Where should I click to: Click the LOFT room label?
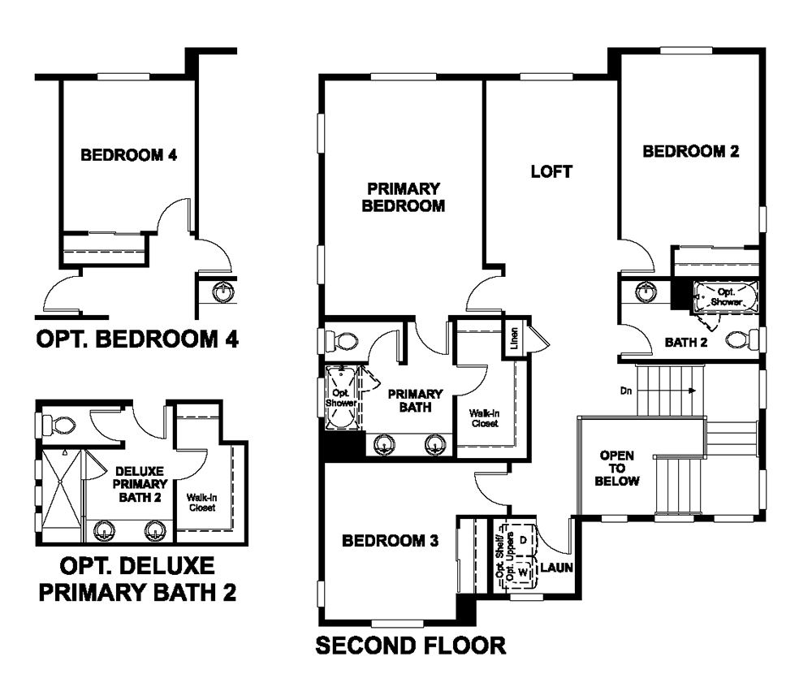click(551, 171)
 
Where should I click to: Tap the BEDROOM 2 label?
click(691, 151)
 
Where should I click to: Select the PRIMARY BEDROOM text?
click(404, 197)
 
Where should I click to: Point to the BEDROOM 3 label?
click(390, 541)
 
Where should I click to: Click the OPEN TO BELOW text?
click(617, 469)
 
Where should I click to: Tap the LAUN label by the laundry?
click(557, 568)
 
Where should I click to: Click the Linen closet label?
click(514, 338)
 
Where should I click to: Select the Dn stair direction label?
click(625, 391)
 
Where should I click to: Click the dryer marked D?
click(523, 540)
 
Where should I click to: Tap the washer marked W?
click(523, 572)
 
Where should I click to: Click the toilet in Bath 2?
click(741, 340)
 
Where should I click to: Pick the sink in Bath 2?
click(646, 292)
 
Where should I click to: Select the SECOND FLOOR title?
click(411, 646)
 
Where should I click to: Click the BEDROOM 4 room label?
click(129, 155)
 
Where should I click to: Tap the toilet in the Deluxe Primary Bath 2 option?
click(58, 425)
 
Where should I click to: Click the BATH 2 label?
click(686, 343)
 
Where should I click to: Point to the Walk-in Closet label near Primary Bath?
click(485, 418)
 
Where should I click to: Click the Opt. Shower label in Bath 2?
click(726, 297)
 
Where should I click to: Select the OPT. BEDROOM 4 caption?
click(137, 339)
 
